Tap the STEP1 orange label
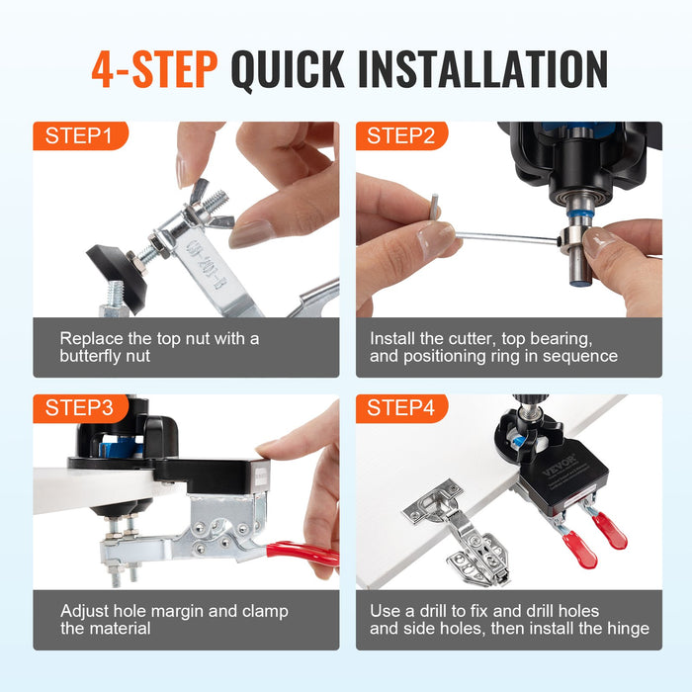click(x=79, y=136)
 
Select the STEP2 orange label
click(x=401, y=136)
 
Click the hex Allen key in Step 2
click(x=494, y=234)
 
